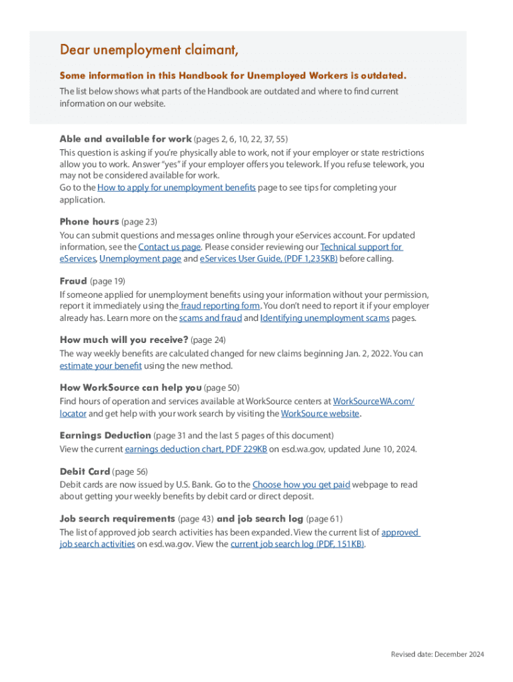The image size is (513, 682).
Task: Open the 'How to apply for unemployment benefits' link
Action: (x=177, y=188)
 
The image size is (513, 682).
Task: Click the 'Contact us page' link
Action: (x=169, y=247)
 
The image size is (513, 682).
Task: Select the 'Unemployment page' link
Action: (x=140, y=259)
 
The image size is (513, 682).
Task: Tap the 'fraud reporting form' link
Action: (x=221, y=306)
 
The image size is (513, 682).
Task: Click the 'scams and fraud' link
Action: (x=211, y=318)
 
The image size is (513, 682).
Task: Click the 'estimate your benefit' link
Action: (x=101, y=366)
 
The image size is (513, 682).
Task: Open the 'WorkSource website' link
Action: (x=320, y=414)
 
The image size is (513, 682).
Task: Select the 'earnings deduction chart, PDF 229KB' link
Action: (x=196, y=450)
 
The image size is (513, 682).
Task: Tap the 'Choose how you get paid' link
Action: (x=301, y=485)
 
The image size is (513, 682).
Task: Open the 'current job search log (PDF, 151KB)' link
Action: (x=297, y=544)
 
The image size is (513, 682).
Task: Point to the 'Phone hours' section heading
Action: (x=89, y=221)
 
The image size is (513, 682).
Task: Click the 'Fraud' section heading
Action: (x=73, y=281)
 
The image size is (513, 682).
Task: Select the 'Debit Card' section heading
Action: (x=85, y=472)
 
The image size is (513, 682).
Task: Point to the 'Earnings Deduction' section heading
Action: (x=105, y=436)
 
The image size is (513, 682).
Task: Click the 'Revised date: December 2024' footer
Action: (x=437, y=655)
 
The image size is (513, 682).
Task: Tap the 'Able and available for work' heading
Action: (x=125, y=139)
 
